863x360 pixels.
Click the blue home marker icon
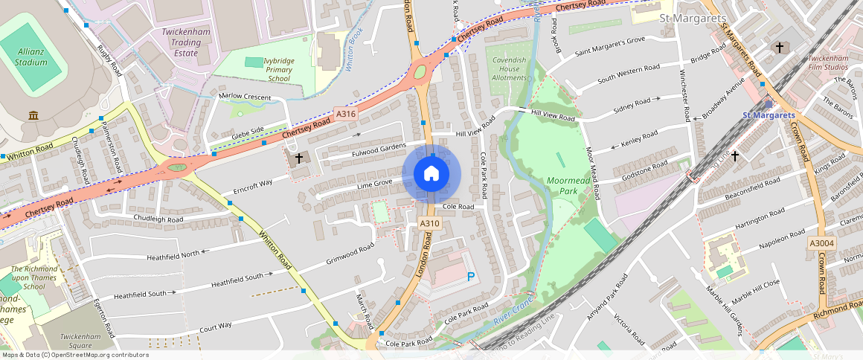[431, 174]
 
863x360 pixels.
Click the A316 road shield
[345, 114]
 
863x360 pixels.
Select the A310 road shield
[429, 223]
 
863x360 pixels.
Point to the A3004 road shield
[822, 243]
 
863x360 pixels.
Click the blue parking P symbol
[470, 277]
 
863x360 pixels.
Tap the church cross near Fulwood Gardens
[299, 158]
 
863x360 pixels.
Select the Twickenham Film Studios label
[827, 62]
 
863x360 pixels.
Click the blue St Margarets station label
[769, 115]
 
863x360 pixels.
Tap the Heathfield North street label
[164, 254]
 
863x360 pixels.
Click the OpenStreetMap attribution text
[74, 355]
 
